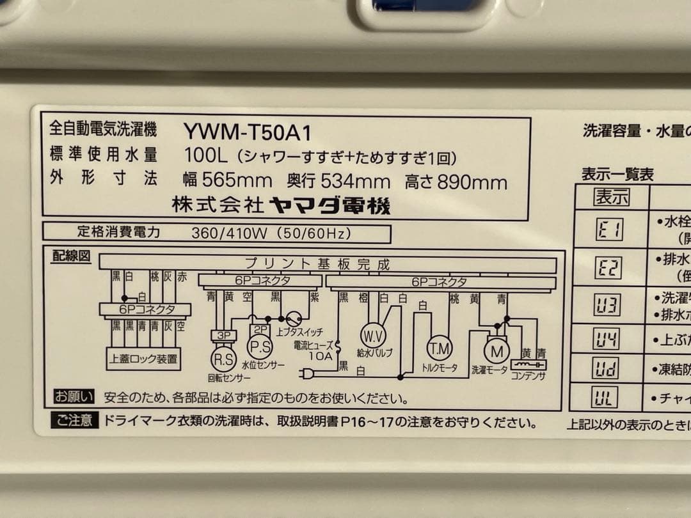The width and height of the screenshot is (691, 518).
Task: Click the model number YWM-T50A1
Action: pos(248,132)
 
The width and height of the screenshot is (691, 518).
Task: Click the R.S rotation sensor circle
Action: pos(223,359)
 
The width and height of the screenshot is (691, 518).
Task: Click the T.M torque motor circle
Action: pos(439,347)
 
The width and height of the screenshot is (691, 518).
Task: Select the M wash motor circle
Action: pos(496,350)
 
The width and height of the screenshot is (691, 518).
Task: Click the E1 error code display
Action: pos(609,229)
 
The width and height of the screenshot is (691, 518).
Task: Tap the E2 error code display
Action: pos(608,269)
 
